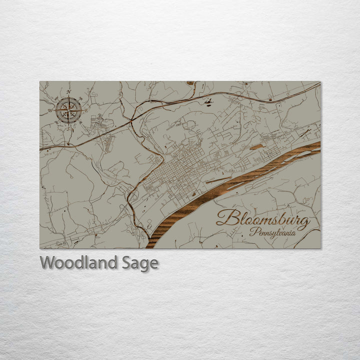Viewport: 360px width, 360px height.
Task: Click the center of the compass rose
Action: [x=69, y=109]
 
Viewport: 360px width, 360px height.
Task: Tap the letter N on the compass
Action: [x=69, y=91]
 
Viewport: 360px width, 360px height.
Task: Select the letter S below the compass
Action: [x=69, y=128]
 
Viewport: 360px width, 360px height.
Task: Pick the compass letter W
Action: [x=50, y=109]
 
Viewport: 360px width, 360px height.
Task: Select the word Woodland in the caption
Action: [x=79, y=262]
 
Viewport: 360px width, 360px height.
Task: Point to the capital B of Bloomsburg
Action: [x=226, y=218]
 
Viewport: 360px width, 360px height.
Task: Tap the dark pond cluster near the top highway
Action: [x=208, y=102]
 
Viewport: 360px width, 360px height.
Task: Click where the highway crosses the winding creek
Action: [x=131, y=120]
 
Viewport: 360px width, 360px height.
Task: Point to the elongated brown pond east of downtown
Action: [x=256, y=147]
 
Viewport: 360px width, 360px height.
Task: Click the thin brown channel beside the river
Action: [x=218, y=178]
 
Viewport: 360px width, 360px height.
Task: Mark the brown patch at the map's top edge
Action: [x=190, y=83]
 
